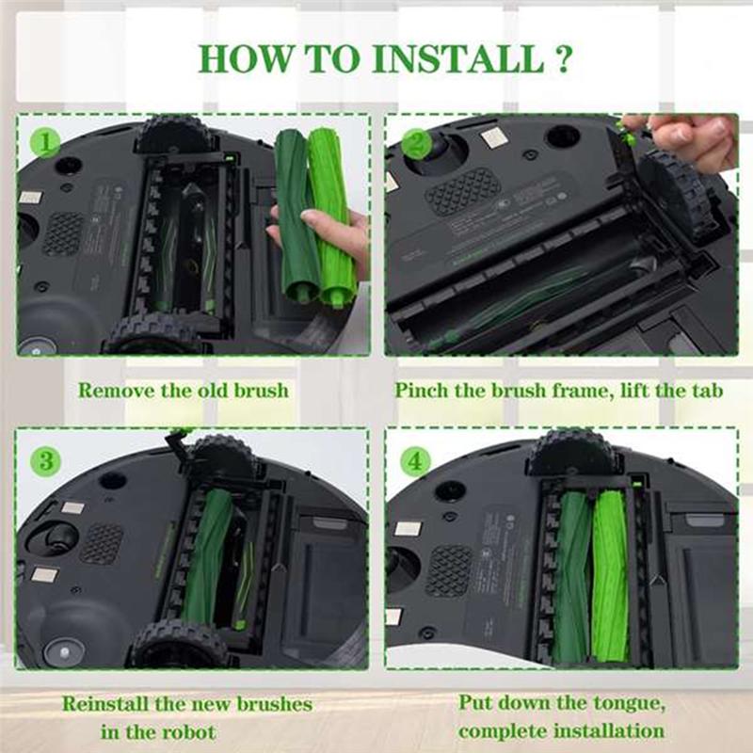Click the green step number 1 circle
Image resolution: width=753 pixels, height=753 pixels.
point(44,142)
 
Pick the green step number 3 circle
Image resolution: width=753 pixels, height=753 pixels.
point(44,461)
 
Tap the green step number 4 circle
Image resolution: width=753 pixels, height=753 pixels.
point(415,461)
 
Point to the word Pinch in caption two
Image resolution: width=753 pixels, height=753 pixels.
point(427,390)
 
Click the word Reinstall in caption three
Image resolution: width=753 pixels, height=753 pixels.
point(111,703)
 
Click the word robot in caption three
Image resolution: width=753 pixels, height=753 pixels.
point(186,731)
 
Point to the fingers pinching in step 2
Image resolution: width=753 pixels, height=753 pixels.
point(682,136)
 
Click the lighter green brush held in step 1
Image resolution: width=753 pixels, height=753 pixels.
point(333,216)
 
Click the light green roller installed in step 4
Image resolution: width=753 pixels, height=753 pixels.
point(611,574)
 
